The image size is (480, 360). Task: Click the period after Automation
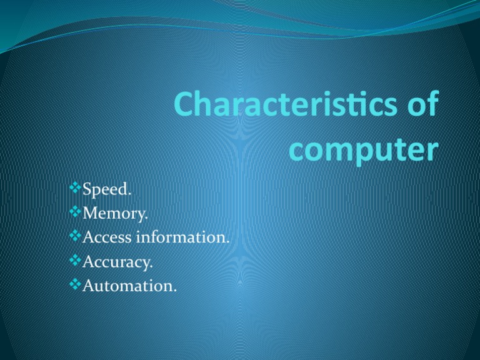coord(175,291)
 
